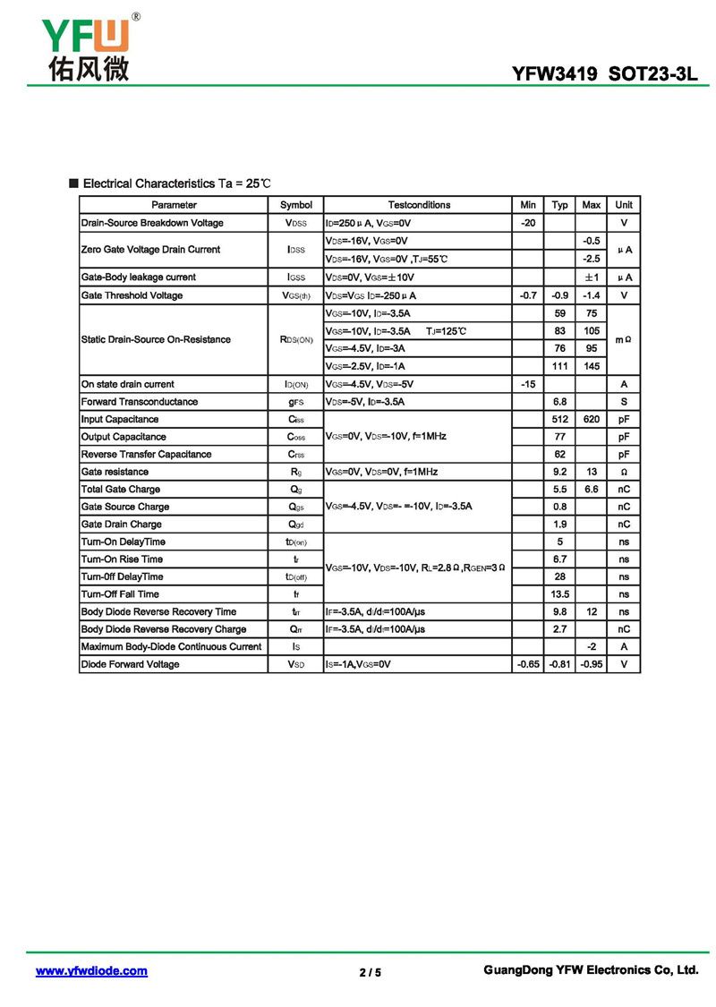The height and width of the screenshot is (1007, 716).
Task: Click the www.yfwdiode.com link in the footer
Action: (91, 971)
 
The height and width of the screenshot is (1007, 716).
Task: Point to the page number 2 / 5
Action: (370, 972)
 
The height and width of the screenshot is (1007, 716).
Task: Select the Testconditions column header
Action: (419, 205)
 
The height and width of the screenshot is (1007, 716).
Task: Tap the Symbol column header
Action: (296, 205)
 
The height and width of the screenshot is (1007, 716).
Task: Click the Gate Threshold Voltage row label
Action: (132, 295)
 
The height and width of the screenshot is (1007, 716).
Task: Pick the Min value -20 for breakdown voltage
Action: (528, 223)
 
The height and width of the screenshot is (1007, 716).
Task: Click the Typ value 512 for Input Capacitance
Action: (560, 419)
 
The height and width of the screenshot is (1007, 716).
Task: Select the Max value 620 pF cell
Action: (591, 419)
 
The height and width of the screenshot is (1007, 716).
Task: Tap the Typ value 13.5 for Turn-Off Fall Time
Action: (560, 594)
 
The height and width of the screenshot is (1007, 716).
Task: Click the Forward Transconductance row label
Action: (140, 402)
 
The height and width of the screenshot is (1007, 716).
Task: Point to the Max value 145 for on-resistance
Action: (591, 366)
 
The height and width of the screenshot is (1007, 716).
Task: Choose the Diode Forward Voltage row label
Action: (130, 664)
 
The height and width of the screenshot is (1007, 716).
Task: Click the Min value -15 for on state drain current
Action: (528, 384)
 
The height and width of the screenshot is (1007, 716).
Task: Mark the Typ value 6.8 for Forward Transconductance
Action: (560, 402)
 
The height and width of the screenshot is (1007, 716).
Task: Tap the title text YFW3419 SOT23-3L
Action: (604, 74)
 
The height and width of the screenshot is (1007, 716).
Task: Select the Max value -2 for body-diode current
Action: (591, 646)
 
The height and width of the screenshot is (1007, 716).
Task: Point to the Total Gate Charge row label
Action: (121, 490)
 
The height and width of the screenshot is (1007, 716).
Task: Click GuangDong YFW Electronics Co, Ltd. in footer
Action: (591, 970)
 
